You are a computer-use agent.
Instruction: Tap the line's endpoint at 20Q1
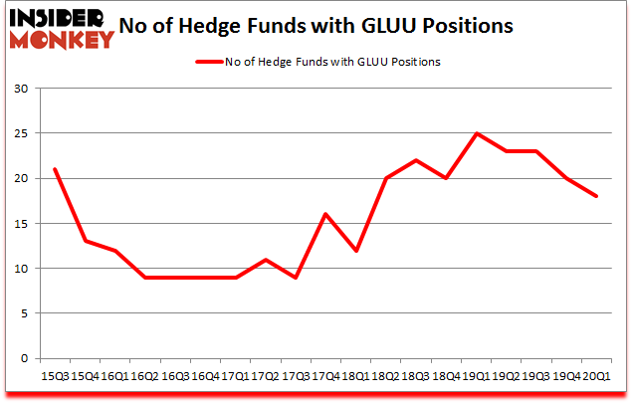[x=595, y=196]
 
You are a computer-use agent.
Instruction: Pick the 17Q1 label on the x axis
[x=236, y=375]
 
